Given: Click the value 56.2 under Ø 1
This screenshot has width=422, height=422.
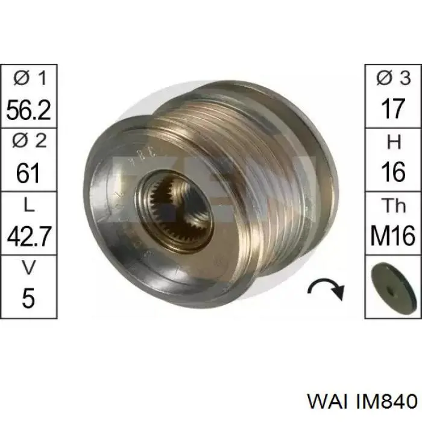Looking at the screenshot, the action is pos(28,110).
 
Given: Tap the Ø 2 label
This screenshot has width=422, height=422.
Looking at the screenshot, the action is pos(30,140).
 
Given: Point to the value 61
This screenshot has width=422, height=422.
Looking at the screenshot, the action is pos(28,173).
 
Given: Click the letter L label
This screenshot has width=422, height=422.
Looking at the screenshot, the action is pos(29,206).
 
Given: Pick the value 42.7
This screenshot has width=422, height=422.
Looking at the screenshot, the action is pos(29,236).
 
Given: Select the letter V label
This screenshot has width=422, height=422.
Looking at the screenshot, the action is pos(29,268).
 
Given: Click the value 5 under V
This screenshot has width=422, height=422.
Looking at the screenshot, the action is pos(28,298).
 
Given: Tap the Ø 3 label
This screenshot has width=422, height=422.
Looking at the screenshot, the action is pos(394,78).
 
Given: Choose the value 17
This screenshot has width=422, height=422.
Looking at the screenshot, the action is pos(394,109).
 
